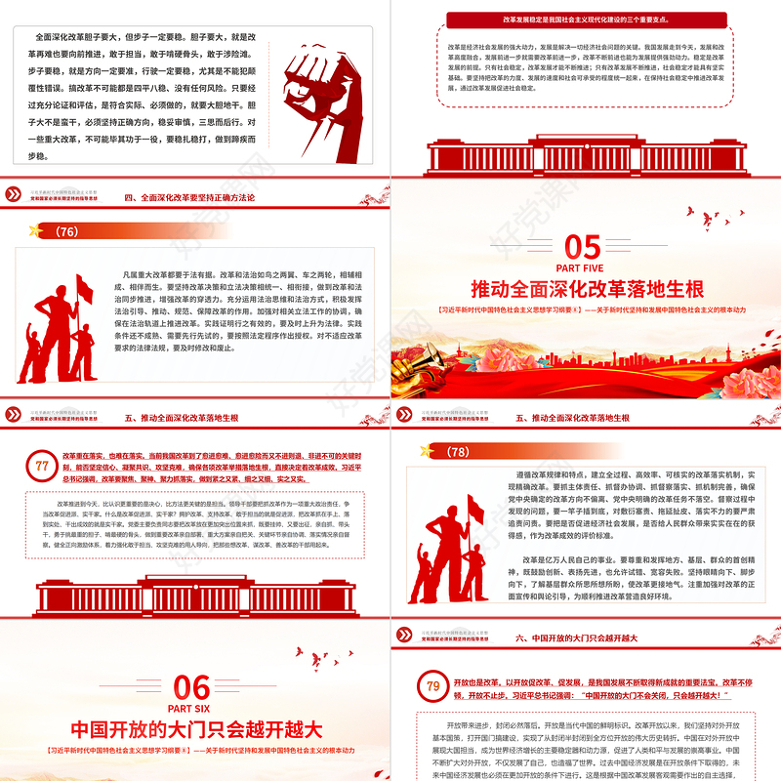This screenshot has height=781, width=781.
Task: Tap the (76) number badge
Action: click(67, 231)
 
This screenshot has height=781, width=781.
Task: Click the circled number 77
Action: click(41, 466)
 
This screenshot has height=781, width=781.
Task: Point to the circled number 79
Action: click(430, 686)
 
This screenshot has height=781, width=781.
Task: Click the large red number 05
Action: click(583, 244)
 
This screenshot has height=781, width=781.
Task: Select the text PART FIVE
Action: click(583, 267)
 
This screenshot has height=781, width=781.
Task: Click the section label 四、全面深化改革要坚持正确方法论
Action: click(185, 196)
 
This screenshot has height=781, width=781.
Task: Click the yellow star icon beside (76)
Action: click(38, 231)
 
